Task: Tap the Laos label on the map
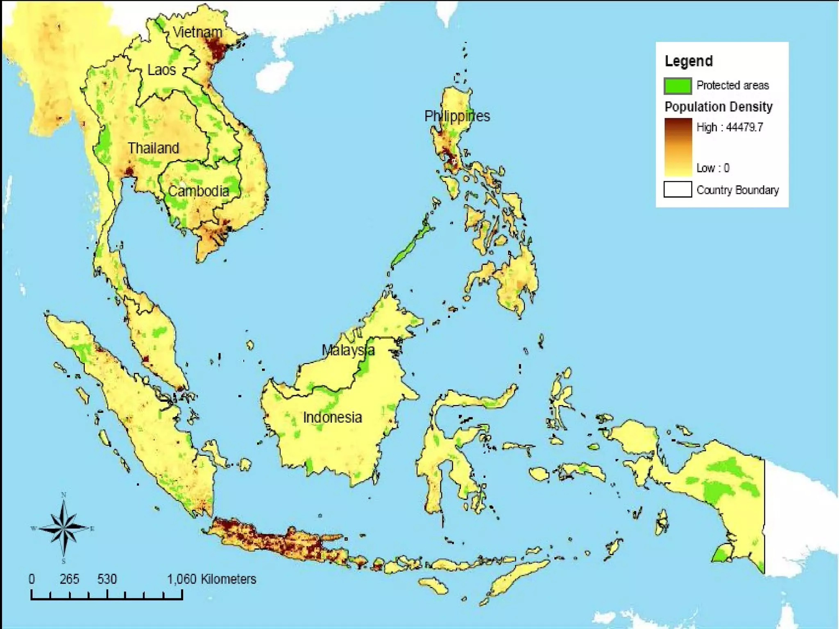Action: point(161,70)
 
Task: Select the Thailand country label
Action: point(153,148)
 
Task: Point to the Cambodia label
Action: point(198,191)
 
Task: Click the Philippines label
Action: point(457,116)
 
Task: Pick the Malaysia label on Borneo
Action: point(348,350)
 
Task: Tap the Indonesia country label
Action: point(332,418)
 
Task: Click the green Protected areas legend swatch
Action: point(678,86)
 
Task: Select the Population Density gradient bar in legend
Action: point(678,147)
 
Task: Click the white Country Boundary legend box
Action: point(678,190)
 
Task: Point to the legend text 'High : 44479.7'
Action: point(730,127)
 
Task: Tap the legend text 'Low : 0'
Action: point(713,168)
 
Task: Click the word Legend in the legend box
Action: point(689,61)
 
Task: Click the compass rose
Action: point(63,528)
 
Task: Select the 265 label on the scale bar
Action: point(69,579)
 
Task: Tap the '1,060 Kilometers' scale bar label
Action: point(211,579)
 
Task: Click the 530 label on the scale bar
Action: point(107,579)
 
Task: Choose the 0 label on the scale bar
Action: point(32,579)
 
